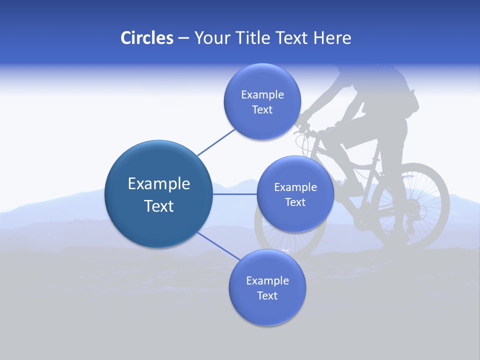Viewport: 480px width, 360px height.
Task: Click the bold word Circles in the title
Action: coord(146,38)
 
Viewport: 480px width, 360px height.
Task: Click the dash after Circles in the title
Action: coord(183,38)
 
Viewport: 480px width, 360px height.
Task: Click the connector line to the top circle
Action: coord(216,141)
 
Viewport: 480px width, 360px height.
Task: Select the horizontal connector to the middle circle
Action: coord(234,194)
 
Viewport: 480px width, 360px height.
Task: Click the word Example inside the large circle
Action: coord(159,184)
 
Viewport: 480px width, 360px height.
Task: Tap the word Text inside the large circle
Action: coord(159,206)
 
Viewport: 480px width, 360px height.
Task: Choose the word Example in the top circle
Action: coord(262,94)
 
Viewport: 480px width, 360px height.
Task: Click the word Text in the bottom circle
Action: coord(267,295)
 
